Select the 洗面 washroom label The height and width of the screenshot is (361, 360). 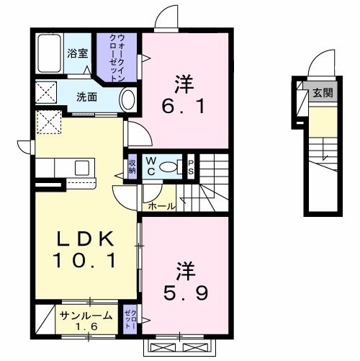87,95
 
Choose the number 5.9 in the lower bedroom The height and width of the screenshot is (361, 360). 184,293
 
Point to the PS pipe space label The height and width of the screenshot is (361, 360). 191,166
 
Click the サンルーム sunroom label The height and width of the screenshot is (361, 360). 86,315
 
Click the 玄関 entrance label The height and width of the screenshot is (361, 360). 322,92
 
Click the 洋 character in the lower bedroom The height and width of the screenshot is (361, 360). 184,272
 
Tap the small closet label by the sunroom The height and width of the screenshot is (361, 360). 130,318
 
